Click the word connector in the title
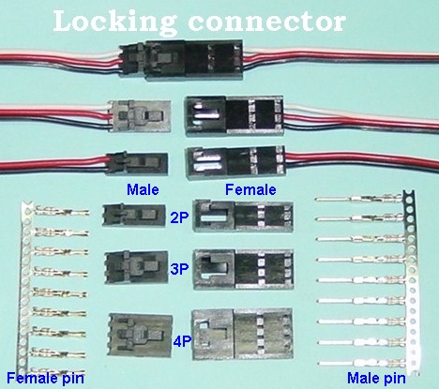click(267, 22)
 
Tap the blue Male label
click(143, 189)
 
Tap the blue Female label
click(250, 189)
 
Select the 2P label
click(179, 217)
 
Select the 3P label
click(179, 269)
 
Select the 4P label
click(182, 341)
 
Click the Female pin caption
click(45, 378)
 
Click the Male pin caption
click(376, 378)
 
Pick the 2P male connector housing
click(134, 216)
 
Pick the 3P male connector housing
click(137, 267)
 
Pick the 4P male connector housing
click(140, 336)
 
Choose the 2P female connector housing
click(243, 217)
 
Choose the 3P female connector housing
click(244, 269)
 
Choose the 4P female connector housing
click(243, 334)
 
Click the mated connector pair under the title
click(180, 60)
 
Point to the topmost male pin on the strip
click(359, 199)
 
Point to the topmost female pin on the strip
click(63, 211)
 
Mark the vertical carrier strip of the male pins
click(411, 281)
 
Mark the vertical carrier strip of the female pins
click(25, 288)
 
